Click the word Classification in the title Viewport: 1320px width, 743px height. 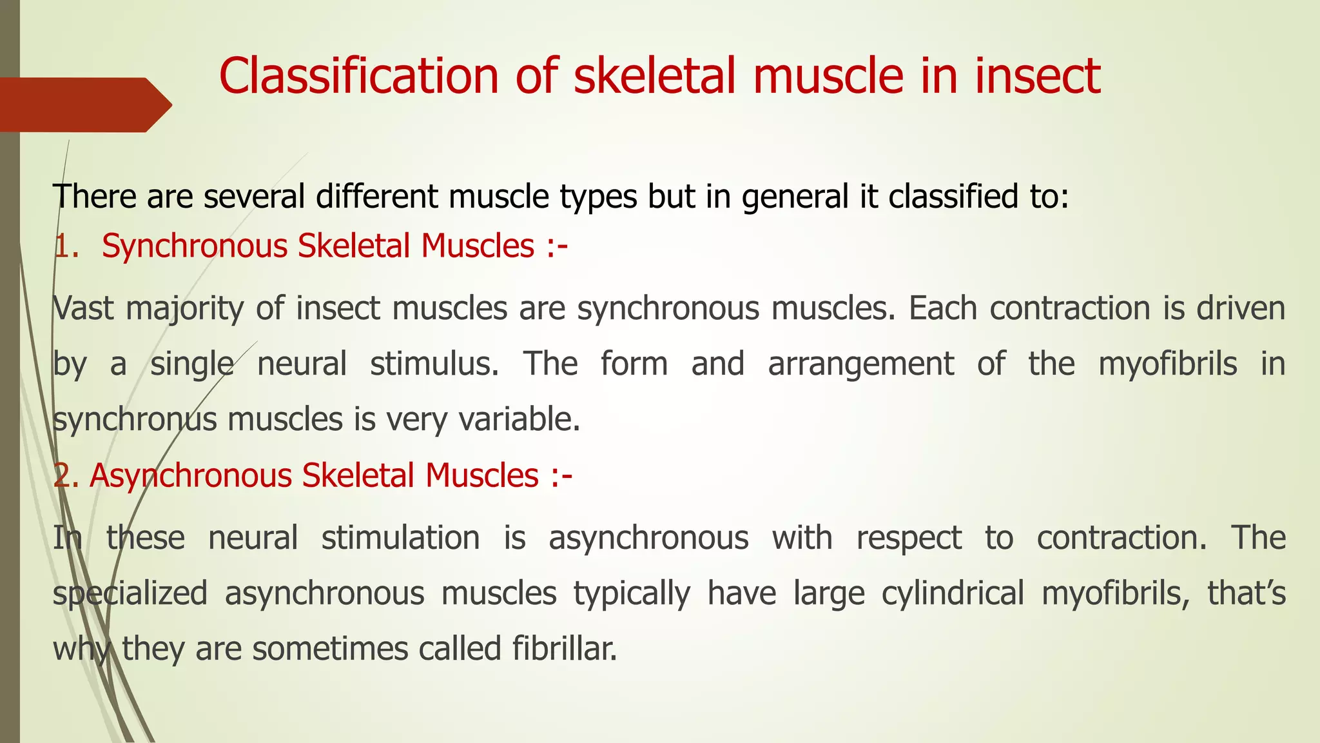tap(358, 76)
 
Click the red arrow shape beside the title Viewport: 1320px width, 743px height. tap(84, 104)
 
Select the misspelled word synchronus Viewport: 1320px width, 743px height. tap(135, 420)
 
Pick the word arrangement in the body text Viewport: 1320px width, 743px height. tap(860, 364)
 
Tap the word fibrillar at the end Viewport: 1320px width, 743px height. tap(565, 649)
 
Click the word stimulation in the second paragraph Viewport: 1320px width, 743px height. tap(400, 538)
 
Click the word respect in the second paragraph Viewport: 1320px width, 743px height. tap(909, 538)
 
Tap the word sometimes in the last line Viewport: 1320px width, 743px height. tap(330, 649)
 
